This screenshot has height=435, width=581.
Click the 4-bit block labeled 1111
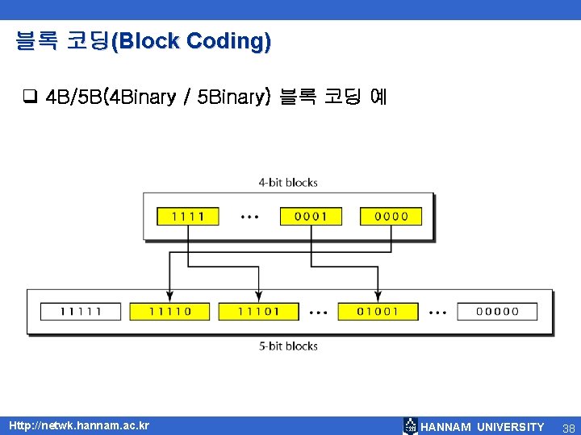187,216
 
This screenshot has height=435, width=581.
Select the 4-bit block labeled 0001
311,216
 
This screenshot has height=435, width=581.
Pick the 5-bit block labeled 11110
169,311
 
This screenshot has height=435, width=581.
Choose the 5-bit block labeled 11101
258,311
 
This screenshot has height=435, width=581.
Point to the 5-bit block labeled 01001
377,311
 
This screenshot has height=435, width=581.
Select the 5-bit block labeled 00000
497,311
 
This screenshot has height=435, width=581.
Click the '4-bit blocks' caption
288,183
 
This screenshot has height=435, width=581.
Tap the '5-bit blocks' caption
288,346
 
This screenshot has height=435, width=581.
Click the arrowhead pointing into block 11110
169,297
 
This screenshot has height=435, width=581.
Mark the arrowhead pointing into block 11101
258,297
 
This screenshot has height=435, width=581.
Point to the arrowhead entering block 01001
377,297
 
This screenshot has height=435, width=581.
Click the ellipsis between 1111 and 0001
249,217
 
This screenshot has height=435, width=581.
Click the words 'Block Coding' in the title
191,41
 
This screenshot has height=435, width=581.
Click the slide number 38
568,426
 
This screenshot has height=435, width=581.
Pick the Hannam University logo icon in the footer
411,426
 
